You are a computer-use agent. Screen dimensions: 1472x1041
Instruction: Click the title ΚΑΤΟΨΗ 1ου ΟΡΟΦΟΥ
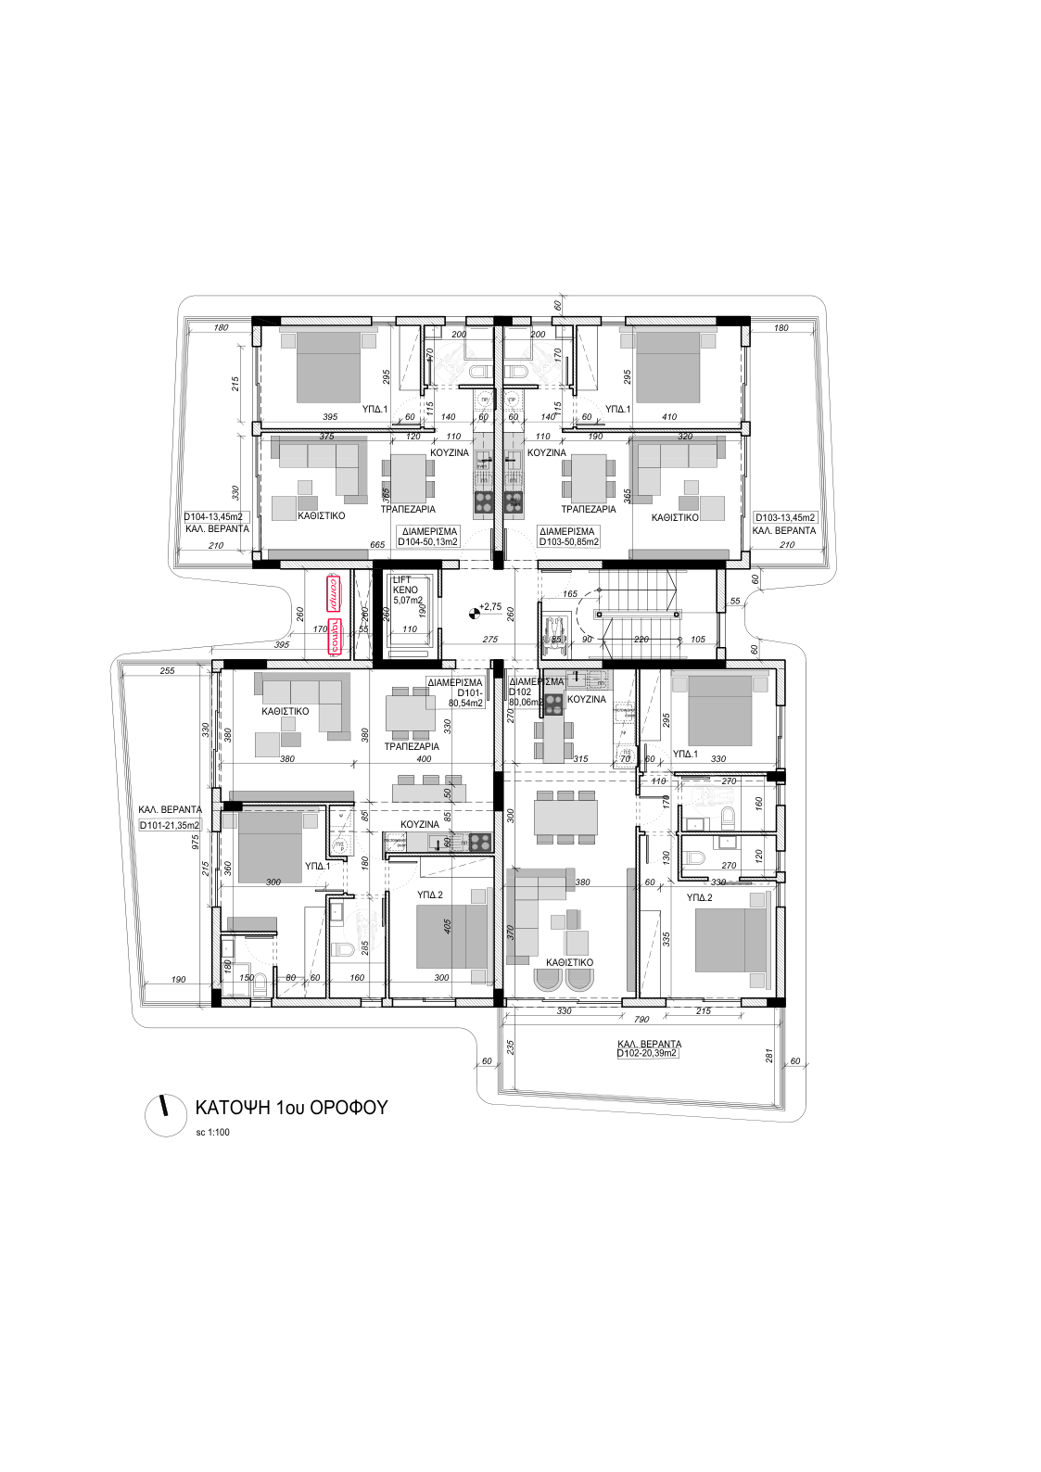click(291, 1108)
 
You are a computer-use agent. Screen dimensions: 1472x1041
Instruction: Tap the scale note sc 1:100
click(212, 1132)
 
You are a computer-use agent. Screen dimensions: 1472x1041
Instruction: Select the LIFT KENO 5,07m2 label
click(407, 590)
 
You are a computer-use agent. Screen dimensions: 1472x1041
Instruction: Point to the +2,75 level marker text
click(489, 607)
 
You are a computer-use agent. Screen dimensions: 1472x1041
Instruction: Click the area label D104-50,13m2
click(427, 542)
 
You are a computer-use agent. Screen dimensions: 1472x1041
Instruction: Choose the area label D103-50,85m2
click(568, 542)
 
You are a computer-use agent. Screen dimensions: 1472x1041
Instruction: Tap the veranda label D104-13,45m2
click(213, 517)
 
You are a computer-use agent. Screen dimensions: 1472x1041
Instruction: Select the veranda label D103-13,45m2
click(785, 518)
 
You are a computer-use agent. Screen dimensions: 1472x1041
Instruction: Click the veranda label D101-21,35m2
click(170, 825)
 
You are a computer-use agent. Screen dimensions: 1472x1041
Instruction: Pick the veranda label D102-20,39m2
click(648, 1054)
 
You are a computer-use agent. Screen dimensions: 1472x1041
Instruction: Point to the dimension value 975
click(196, 842)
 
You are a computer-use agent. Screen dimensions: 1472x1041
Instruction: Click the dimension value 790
click(641, 1020)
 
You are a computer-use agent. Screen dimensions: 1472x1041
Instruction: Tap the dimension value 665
click(377, 546)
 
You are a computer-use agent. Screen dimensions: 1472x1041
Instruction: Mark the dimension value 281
click(768, 1056)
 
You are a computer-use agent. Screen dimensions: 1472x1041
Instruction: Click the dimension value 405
click(448, 925)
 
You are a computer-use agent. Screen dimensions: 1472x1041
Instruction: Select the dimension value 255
click(167, 671)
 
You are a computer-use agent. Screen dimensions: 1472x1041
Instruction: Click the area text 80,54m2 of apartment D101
click(466, 704)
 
